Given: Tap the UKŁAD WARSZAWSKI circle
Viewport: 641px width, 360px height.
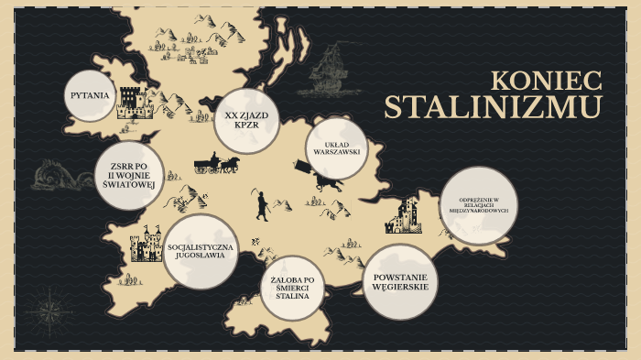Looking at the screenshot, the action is (335, 147).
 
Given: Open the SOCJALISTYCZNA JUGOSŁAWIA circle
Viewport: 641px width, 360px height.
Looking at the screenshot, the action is (200, 251).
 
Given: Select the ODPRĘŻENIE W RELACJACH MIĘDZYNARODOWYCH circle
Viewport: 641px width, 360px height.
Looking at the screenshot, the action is (477, 205).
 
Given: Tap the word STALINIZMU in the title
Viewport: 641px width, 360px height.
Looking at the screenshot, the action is (493, 107).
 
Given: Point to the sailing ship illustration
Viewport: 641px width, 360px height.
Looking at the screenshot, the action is (331, 68).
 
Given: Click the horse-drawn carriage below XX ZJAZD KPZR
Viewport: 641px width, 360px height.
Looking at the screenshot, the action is (216, 165).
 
